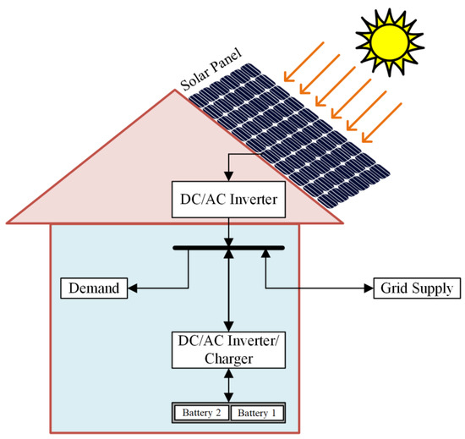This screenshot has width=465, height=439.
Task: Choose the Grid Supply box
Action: pyautogui.click(x=416, y=289)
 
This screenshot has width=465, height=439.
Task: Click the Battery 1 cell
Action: pyautogui.click(x=256, y=413)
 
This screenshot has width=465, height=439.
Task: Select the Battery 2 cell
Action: pyautogui.click(x=200, y=413)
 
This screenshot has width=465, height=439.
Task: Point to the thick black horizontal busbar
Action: pyautogui.click(x=228, y=249)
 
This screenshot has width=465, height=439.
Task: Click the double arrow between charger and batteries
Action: pyautogui.click(x=228, y=386)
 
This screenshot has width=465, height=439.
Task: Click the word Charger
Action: pyautogui.click(x=228, y=359)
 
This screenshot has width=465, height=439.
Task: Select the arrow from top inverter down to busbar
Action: pyautogui.click(x=228, y=230)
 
